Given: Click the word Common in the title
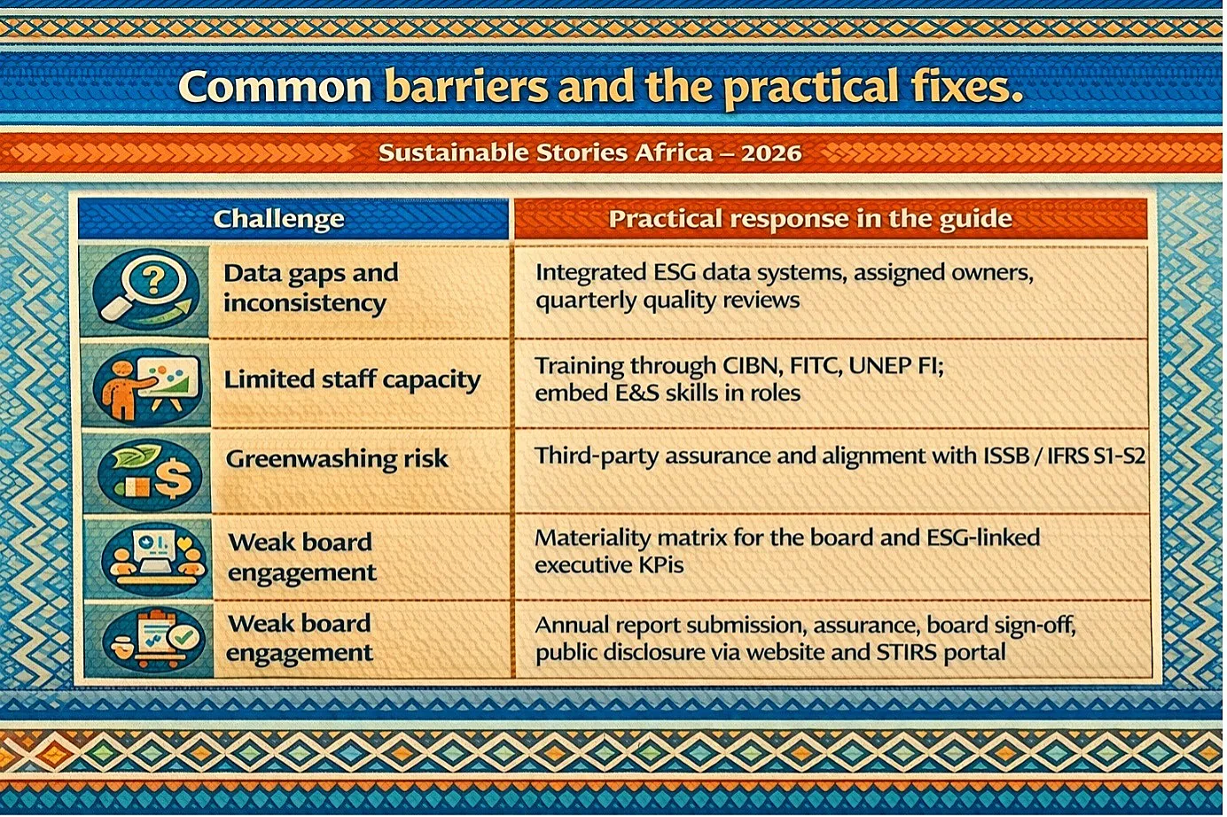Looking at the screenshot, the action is (275, 87).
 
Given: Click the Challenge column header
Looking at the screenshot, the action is (278, 219).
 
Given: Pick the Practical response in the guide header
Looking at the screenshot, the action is (810, 219).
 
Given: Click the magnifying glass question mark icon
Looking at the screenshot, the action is (145, 289).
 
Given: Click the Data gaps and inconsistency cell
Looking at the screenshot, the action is (310, 288).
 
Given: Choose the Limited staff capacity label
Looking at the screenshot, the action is (352, 380).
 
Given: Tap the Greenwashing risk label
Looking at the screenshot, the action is (337, 459).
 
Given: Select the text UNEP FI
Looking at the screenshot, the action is (895, 366).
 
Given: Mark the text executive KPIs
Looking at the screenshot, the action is (609, 565).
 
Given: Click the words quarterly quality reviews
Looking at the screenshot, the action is (668, 301).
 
